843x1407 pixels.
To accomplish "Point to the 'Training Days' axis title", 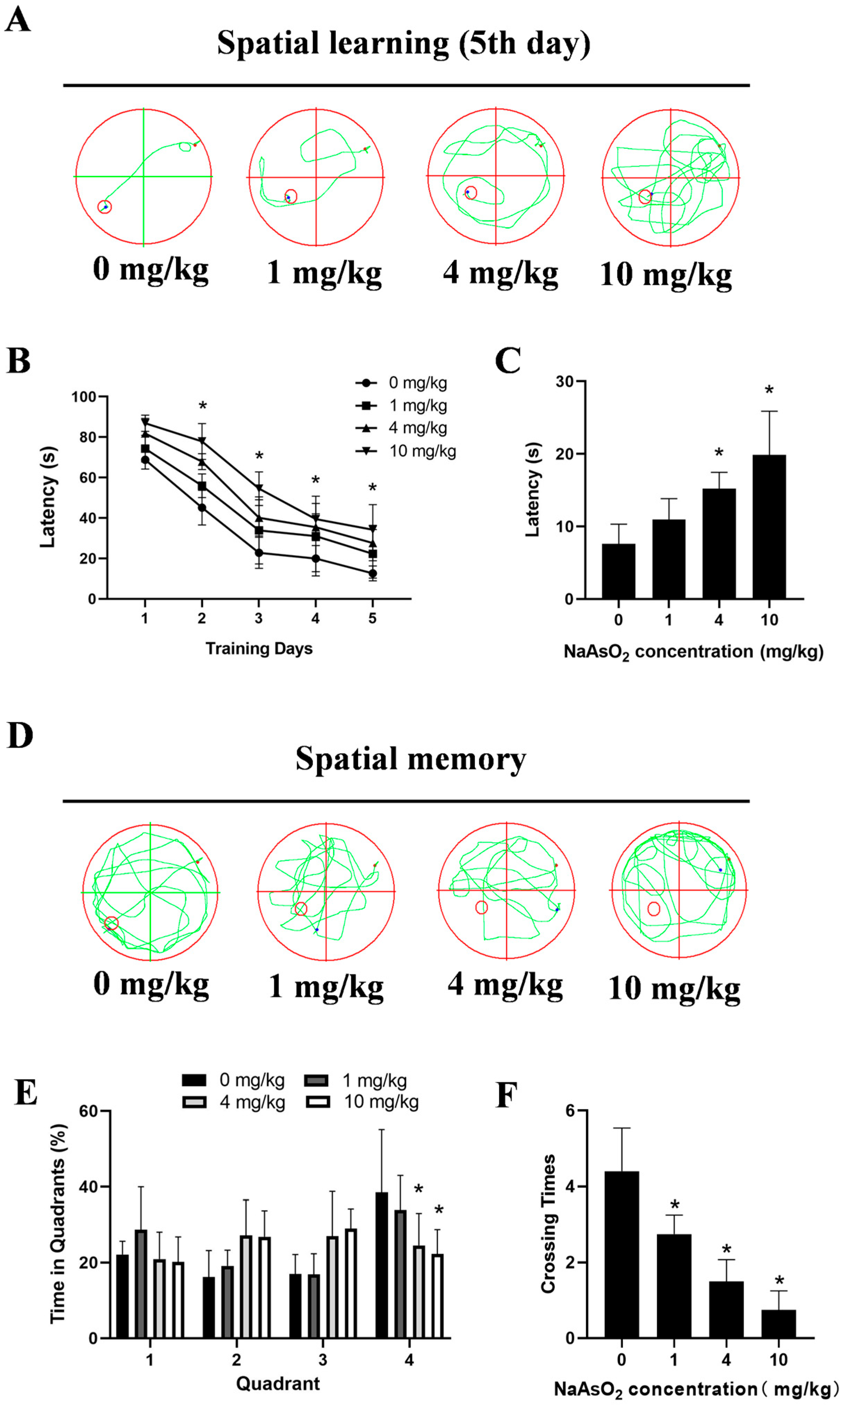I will (x=259, y=649).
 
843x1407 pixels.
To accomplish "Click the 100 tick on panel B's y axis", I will (x=83, y=396).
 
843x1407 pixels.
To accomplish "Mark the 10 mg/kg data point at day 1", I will (x=146, y=422).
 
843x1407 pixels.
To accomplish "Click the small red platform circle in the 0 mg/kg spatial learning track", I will (x=105, y=207).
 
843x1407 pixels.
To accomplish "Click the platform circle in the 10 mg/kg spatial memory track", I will (x=654, y=909).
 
